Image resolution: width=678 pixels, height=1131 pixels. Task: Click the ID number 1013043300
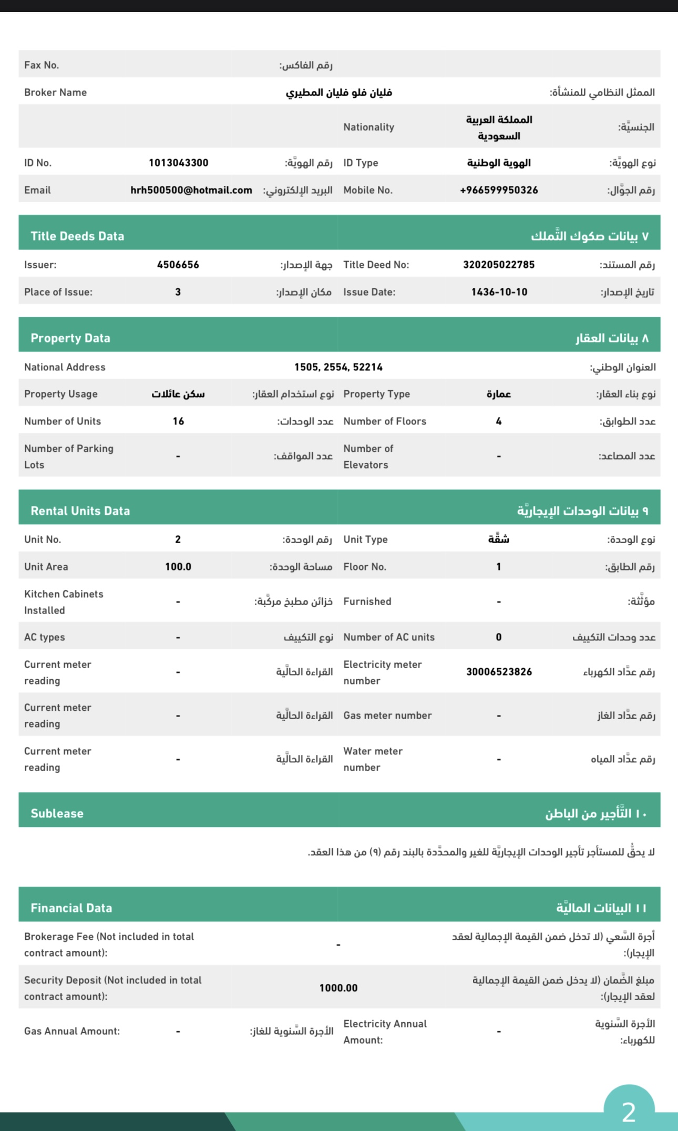[178, 163]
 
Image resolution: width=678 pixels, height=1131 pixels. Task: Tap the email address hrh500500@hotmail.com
[191, 190]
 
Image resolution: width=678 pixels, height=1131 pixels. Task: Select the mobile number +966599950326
[499, 190]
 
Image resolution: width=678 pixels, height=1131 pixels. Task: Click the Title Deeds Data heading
[77, 236]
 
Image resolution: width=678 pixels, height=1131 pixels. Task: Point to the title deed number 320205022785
[499, 265]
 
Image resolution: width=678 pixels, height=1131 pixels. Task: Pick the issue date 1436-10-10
[499, 292]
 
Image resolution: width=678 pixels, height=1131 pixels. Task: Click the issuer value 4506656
[178, 265]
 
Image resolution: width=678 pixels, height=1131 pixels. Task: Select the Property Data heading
[70, 338]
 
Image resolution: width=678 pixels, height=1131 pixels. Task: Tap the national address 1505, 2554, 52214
[338, 367]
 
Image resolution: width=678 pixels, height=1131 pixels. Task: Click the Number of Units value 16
[178, 421]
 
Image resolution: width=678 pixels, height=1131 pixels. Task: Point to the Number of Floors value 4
[499, 421]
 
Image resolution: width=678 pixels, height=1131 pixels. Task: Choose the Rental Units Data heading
[80, 511]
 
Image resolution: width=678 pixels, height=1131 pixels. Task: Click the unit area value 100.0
[178, 567]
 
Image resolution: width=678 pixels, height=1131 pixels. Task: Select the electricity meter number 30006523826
[499, 672]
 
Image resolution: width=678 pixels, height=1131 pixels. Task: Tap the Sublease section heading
[57, 814]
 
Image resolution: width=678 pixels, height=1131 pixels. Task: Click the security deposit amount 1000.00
[338, 988]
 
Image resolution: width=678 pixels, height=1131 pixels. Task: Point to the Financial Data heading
[71, 908]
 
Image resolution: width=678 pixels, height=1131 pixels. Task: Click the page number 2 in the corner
[629, 1112]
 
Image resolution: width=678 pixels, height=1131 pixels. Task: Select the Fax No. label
[42, 65]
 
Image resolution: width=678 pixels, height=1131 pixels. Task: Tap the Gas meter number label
[387, 715]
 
